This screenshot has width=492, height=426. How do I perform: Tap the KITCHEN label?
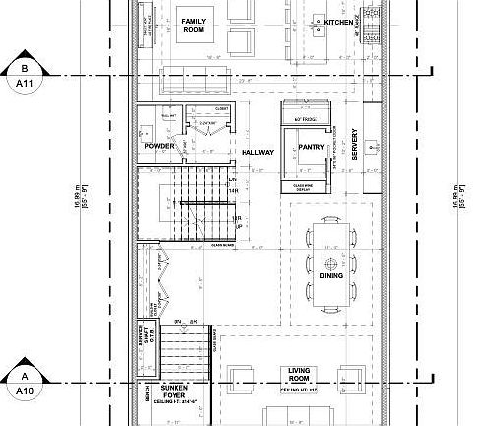tap(338, 22)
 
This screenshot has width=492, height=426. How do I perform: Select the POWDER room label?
tap(159, 145)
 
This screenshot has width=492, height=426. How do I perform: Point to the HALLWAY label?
tap(256, 153)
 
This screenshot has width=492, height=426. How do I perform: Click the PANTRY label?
tap(311, 148)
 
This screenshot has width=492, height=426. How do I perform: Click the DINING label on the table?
tap(331, 278)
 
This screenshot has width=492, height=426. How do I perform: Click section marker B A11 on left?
tap(23, 76)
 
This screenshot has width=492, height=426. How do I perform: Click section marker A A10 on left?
tap(23, 383)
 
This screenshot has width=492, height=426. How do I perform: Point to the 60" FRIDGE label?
tap(303, 119)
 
